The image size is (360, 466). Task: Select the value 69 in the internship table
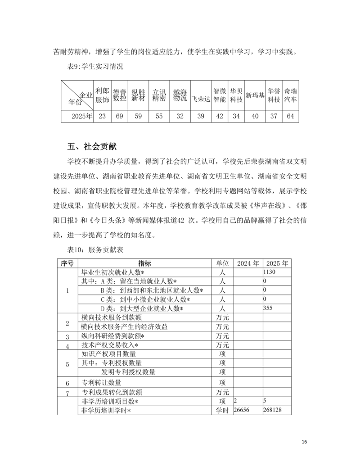(119, 116)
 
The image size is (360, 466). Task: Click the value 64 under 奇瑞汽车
(290, 116)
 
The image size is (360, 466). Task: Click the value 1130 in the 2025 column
(269, 272)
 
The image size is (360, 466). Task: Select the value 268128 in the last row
(273, 410)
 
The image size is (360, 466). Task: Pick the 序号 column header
(67, 263)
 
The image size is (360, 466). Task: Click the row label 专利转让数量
(102, 383)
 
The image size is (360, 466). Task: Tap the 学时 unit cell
(222, 410)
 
